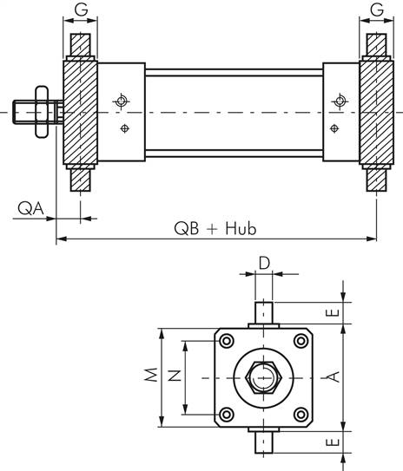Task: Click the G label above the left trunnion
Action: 81,10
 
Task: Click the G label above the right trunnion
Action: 377,10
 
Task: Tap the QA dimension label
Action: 30,208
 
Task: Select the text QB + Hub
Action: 215,228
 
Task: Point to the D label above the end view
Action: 264,264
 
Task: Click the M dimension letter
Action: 151,374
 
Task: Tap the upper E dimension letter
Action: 333,312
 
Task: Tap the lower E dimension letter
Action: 333,442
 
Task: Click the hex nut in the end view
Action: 263,377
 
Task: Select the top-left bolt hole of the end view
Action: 227,341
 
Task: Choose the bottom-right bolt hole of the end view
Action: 301,415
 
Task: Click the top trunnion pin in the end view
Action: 264,312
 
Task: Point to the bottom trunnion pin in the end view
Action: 264,442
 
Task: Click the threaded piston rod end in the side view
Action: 24,113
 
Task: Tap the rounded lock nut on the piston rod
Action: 42,112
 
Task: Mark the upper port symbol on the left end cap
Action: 122,101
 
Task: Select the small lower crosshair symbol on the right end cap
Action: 334,128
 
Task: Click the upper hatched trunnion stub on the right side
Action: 377,45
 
